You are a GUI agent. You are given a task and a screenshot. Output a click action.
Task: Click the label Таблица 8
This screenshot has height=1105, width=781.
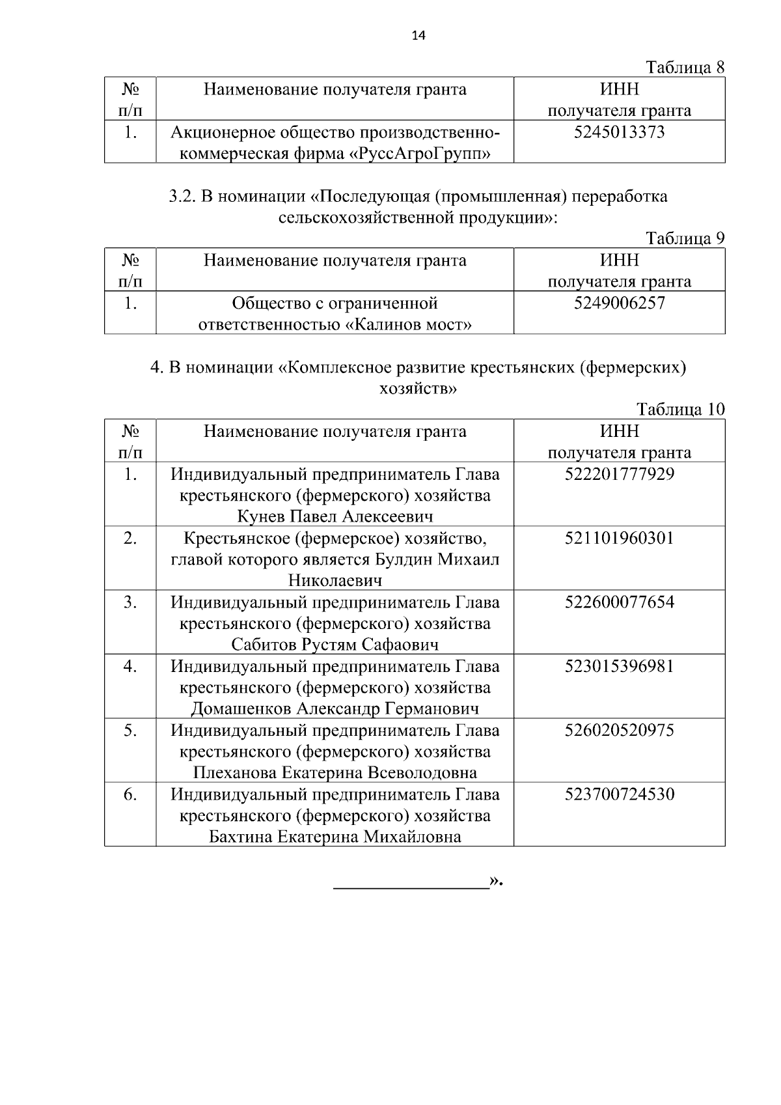[x=685, y=67]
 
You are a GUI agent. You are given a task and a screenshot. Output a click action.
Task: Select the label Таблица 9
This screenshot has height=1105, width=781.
[x=685, y=238]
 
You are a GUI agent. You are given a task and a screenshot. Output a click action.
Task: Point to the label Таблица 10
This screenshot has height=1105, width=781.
[x=680, y=410]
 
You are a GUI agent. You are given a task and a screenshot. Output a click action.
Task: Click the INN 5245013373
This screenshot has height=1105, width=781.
[x=619, y=133]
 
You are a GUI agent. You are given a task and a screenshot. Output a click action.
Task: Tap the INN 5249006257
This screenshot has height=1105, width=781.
[x=619, y=303]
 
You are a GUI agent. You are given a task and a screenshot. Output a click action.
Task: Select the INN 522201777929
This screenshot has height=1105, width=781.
[x=619, y=474]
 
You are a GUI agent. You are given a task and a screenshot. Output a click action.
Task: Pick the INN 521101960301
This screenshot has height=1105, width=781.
[x=619, y=539]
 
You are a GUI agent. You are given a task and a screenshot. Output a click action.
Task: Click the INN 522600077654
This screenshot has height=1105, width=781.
[x=619, y=602]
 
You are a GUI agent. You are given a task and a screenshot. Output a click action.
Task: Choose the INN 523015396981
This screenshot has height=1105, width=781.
[x=619, y=666]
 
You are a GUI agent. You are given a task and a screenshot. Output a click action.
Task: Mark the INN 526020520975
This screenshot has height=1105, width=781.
[x=619, y=730]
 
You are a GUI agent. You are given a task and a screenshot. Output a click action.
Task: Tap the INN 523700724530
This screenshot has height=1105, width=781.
[x=619, y=794]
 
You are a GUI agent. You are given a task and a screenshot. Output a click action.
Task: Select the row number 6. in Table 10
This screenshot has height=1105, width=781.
[x=130, y=794]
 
